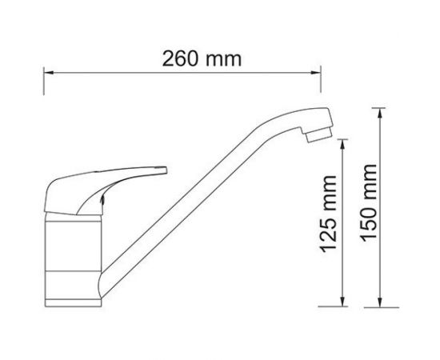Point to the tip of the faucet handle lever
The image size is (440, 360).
coord(163,170)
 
